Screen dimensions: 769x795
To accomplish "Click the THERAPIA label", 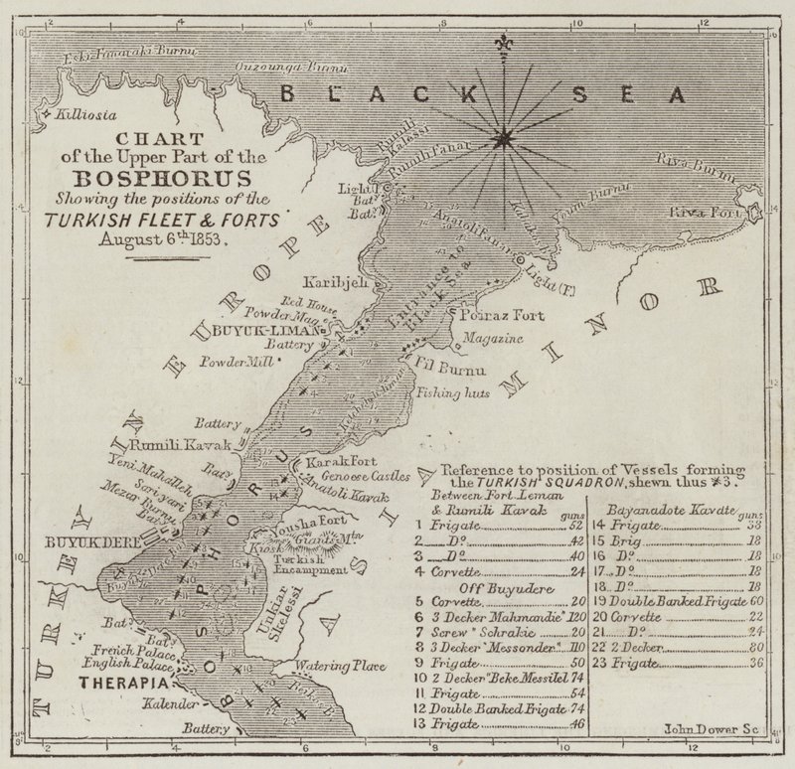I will click(123, 685).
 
